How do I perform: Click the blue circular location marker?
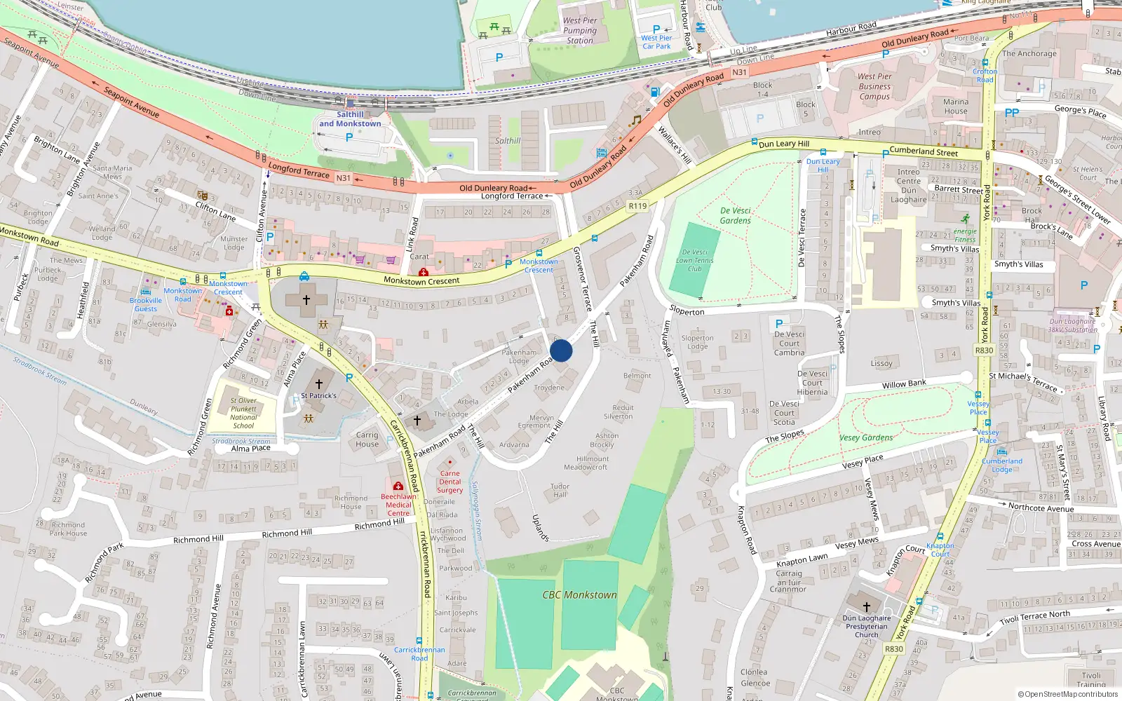click(561, 350)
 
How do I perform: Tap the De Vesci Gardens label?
click(735, 215)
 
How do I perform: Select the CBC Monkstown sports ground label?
click(579, 595)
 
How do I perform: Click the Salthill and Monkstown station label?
click(350, 119)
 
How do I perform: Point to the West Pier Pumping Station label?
click(580, 31)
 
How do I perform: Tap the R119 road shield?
click(637, 206)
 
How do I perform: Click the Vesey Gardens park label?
click(866, 438)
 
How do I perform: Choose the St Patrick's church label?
click(318, 395)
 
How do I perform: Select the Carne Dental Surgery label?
click(450, 482)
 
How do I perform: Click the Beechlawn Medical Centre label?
click(398, 505)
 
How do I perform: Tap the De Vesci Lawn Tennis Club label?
click(694, 260)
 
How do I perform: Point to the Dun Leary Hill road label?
click(783, 144)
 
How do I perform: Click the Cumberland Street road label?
click(923, 151)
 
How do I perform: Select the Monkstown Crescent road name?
click(421, 281)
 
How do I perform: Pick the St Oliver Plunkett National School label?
click(243, 413)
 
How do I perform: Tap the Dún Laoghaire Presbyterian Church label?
click(866, 626)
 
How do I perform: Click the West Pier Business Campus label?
click(874, 87)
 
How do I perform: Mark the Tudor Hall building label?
click(560, 490)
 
